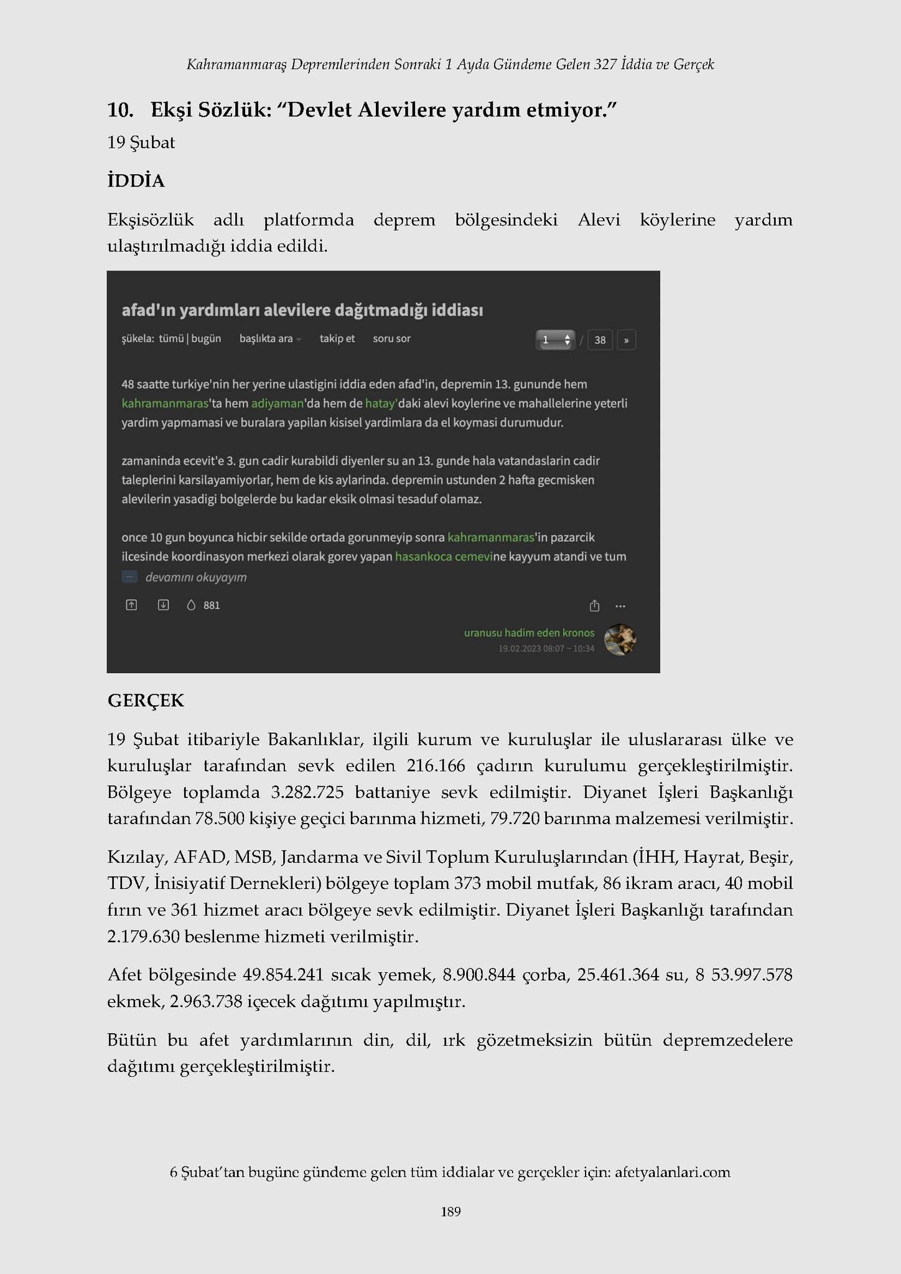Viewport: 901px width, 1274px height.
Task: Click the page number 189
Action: (450, 1211)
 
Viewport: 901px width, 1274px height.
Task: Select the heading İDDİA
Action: (136, 181)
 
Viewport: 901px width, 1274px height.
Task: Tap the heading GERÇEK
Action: (146, 701)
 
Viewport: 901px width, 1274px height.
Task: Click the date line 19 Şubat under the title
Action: (141, 142)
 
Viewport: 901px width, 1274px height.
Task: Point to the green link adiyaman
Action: (277, 403)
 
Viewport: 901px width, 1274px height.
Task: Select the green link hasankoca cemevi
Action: (444, 556)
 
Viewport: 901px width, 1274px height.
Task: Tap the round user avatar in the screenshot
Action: (620, 639)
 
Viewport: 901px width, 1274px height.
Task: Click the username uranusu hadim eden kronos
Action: (529, 633)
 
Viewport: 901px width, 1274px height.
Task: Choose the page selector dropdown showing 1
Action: (555, 340)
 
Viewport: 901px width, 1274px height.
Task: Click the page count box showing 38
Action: (600, 340)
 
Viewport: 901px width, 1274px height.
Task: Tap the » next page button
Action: (626, 340)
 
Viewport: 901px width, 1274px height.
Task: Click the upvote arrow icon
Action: (131, 605)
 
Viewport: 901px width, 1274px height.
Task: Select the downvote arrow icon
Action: (163, 605)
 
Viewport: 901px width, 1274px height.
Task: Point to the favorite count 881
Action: (212, 605)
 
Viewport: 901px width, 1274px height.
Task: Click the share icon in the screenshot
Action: (594, 605)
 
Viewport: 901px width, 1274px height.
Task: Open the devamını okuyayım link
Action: (196, 577)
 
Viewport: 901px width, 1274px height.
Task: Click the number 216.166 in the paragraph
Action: (436, 766)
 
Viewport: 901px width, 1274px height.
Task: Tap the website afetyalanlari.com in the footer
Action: (672, 1172)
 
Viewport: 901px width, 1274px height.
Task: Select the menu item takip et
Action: (337, 338)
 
